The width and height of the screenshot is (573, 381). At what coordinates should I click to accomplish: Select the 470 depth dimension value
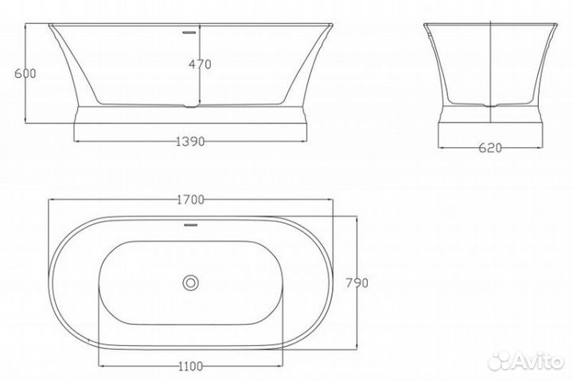[200, 65]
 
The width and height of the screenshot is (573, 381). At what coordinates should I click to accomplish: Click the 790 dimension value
[355, 282]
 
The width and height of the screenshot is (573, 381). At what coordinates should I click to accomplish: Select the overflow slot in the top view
[189, 224]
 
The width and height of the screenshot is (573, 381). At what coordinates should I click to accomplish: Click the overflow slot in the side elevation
[189, 33]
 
